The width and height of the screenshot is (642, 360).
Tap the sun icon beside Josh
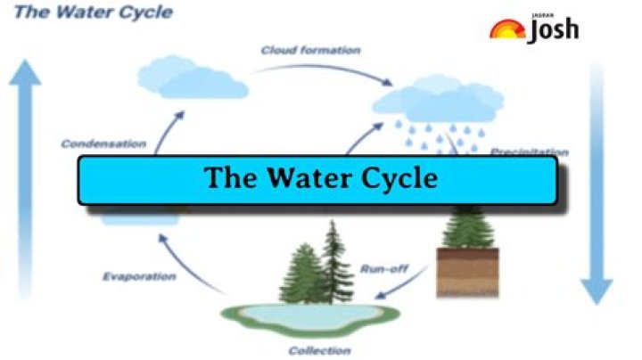[x=507, y=29]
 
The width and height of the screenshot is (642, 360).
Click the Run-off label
[x=384, y=267]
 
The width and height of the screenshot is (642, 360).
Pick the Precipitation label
[x=529, y=151]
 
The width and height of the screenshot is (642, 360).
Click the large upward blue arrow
[x=27, y=178]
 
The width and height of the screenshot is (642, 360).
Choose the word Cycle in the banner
[x=393, y=177]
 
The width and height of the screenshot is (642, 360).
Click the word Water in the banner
[x=304, y=177]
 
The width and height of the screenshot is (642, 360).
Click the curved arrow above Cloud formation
[x=312, y=65]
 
